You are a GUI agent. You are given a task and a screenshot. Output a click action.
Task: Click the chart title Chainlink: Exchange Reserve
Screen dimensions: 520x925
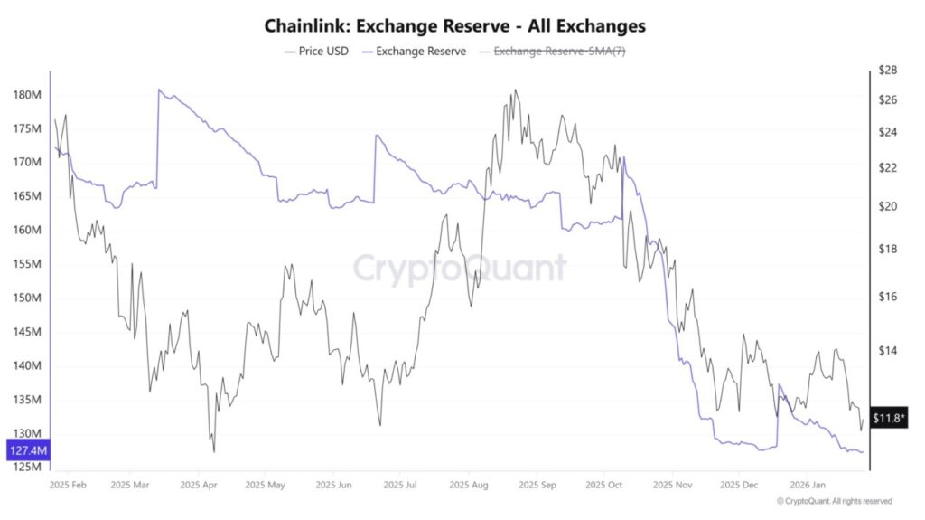coord(454,25)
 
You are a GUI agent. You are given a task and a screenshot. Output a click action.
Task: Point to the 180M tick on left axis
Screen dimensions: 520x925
coord(28,95)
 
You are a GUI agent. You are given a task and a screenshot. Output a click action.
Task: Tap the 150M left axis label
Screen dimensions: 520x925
coord(28,298)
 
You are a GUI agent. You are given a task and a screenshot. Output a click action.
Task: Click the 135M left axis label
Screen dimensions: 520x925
coord(28,400)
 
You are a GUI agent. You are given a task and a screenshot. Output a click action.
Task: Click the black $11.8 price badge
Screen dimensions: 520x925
coord(891,418)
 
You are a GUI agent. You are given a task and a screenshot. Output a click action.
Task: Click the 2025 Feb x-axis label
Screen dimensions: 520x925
coord(68,485)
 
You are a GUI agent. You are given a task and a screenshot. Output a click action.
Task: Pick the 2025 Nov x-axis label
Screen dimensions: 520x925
coord(669,485)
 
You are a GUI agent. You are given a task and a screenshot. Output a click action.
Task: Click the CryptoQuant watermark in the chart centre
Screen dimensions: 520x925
coord(459,269)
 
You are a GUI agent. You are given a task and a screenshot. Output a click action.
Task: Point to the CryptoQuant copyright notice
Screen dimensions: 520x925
coord(834,501)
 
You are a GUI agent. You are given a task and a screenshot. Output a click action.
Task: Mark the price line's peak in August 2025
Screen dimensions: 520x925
coord(515,90)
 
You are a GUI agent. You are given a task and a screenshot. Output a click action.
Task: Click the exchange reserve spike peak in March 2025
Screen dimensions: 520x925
coord(159,90)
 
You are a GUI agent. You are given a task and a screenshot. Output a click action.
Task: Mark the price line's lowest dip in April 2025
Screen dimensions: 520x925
coord(214,451)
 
